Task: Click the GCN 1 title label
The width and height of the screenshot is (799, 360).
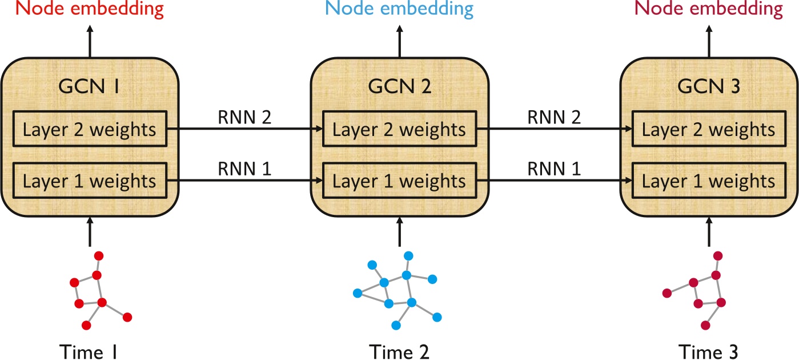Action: click(89, 89)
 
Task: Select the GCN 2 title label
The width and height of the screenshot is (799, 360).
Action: click(399, 89)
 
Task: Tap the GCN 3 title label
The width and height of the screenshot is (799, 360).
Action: click(709, 89)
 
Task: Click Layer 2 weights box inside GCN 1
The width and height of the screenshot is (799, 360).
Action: click(89, 130)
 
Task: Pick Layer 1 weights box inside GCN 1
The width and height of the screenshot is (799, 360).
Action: click(89, 181)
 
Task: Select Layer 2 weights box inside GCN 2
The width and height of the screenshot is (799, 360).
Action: click(399, 130)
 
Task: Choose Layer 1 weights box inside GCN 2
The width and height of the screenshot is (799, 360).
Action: click(399, 181)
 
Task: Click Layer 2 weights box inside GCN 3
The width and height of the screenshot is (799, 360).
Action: click(709, 130)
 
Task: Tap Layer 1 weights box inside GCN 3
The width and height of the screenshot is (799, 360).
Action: click(709, 181)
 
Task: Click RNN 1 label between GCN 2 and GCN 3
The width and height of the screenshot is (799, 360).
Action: click(554, 169)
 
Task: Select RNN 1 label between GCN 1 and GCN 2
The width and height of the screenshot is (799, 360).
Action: click(244, 169)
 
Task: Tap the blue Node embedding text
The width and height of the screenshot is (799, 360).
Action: click(399, 10)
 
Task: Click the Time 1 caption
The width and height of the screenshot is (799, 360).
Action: click(89, 350)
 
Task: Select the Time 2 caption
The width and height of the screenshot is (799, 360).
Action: click(399, 350)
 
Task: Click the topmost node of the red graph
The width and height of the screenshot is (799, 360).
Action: click(98, 255)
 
